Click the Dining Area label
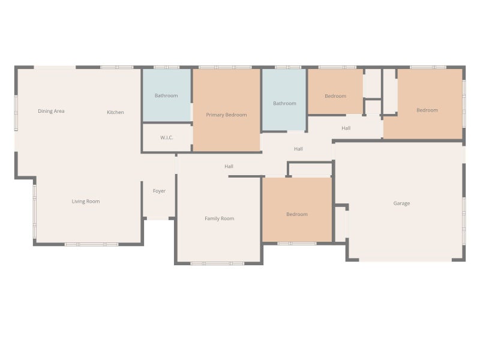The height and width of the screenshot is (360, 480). coord(51,111)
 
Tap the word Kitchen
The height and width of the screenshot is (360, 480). coord(115,112)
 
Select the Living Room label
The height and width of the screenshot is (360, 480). coord(86,202)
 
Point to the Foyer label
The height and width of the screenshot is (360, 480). coord(159,191)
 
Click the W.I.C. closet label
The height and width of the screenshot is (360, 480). coord(167,138)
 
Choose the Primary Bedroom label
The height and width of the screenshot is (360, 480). coord(226,115)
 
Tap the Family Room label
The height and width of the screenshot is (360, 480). coord(220,218)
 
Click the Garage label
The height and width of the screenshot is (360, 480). coord(401,203)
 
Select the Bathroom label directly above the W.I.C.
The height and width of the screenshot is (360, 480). coord(166,95)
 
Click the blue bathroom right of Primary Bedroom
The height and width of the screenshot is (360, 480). coord(284,100)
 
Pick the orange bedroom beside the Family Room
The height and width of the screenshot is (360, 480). coord(297,209)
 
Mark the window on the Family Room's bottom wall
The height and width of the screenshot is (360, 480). coord(217,263)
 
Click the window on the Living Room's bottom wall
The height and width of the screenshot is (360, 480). coord(92,244)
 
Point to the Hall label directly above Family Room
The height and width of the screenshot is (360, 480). coord(229,167)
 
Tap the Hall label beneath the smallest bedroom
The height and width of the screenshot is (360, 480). coord(346,128)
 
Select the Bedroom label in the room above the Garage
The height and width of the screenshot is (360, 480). coord(427,110)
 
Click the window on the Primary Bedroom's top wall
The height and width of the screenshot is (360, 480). coord(225,67)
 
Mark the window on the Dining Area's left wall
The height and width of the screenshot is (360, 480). coord(16,113)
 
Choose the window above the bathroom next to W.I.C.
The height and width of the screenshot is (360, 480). coord(167,67)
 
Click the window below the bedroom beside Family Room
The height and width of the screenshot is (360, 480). coord(297,244)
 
